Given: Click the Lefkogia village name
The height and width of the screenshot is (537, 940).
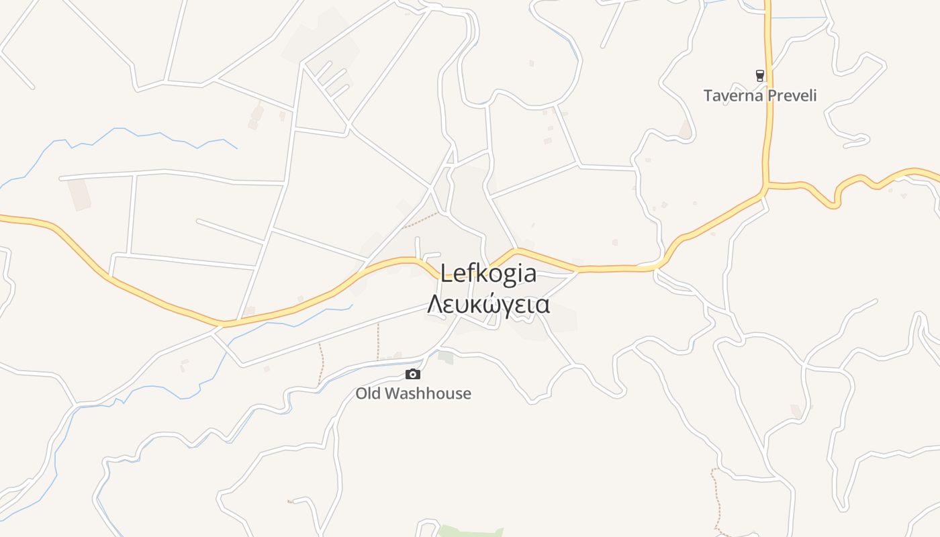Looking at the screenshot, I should (x=489, y=274).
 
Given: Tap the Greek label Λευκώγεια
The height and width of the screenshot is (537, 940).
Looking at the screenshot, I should (x=489, y=305).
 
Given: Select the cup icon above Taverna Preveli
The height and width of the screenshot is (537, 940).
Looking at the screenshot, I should (x=760, y=76).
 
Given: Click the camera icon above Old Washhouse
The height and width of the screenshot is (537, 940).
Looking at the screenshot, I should (x=413, y=375).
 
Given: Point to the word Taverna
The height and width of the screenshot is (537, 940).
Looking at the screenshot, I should (x=733, y=95).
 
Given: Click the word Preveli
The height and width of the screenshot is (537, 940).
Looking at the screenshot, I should (x=792, y=95).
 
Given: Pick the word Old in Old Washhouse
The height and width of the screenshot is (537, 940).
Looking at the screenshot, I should (x=368, y=393).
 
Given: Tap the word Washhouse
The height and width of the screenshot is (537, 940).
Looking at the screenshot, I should (x=428, y=393).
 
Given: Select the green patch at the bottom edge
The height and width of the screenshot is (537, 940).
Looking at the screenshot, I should (x=470, y=532).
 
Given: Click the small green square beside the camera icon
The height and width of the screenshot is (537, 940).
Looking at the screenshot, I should (x=446, y=357).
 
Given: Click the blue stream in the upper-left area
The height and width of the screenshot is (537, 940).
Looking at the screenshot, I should (x=134, y=132).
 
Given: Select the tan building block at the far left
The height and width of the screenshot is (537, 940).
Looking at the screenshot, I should (x=79, y=194).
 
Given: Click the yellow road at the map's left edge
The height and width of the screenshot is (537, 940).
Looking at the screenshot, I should (x=5, y=218).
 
